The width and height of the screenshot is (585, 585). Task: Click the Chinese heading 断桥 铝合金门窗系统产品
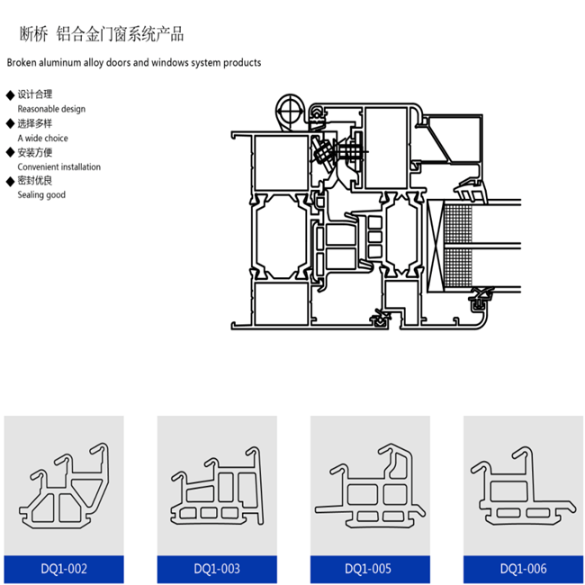[102, 35]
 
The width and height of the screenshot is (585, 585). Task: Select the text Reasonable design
[51, 109]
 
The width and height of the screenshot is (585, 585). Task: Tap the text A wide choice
[42, 138]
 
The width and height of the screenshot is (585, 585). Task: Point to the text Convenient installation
[58, 166]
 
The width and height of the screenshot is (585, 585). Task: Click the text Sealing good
[41, 194]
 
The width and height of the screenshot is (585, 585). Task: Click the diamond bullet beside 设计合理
[10, 94]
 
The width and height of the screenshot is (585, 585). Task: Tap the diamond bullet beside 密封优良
[10, 181]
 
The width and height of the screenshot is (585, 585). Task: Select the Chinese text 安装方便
[35, 152]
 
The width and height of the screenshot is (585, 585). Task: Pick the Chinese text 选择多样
[35, 123]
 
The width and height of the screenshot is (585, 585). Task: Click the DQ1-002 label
[64, 569]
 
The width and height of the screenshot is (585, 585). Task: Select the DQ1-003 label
[217, 569]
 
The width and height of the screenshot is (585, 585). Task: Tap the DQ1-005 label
[370, 569]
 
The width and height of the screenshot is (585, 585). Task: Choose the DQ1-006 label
[523, 569]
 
